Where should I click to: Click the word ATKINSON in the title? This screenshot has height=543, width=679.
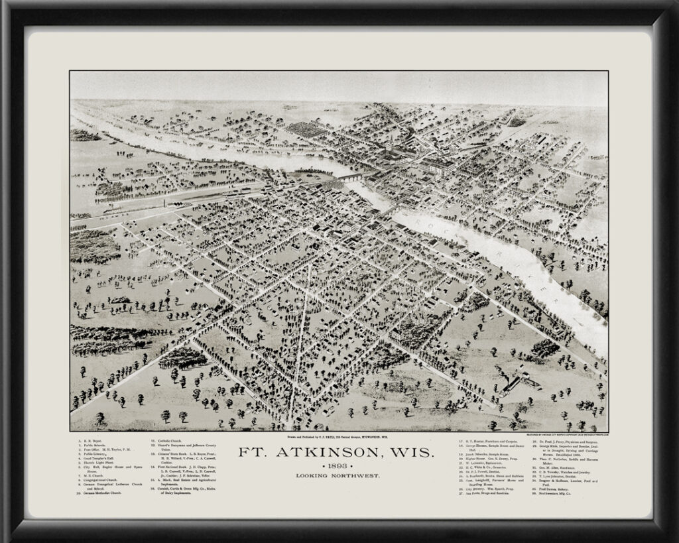[x=337, y=454]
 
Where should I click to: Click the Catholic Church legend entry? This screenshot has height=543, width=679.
[x=170, y=440]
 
